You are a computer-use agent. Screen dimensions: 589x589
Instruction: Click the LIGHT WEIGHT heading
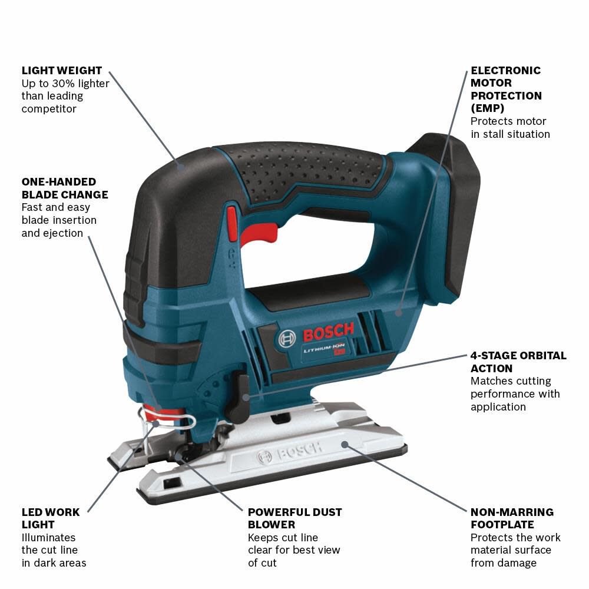(62, 71)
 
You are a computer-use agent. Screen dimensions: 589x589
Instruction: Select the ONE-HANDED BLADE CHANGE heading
(65, 188)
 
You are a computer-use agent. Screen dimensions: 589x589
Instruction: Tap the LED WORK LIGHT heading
(51, 518)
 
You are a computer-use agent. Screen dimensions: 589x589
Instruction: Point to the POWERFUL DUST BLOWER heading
(294, 518)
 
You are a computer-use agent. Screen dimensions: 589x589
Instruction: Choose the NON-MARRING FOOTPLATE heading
(512, 518)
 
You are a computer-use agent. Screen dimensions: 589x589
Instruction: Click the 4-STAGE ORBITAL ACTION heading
(518, 362)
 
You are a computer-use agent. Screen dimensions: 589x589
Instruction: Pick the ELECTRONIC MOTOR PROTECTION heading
(506, 89)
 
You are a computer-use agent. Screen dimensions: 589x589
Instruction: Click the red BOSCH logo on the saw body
(328, 333)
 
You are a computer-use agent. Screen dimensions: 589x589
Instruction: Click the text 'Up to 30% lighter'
(65, 84)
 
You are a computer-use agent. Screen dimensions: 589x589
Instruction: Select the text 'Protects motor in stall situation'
(510, 128)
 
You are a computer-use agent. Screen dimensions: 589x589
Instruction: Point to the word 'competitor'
(49, 109)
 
